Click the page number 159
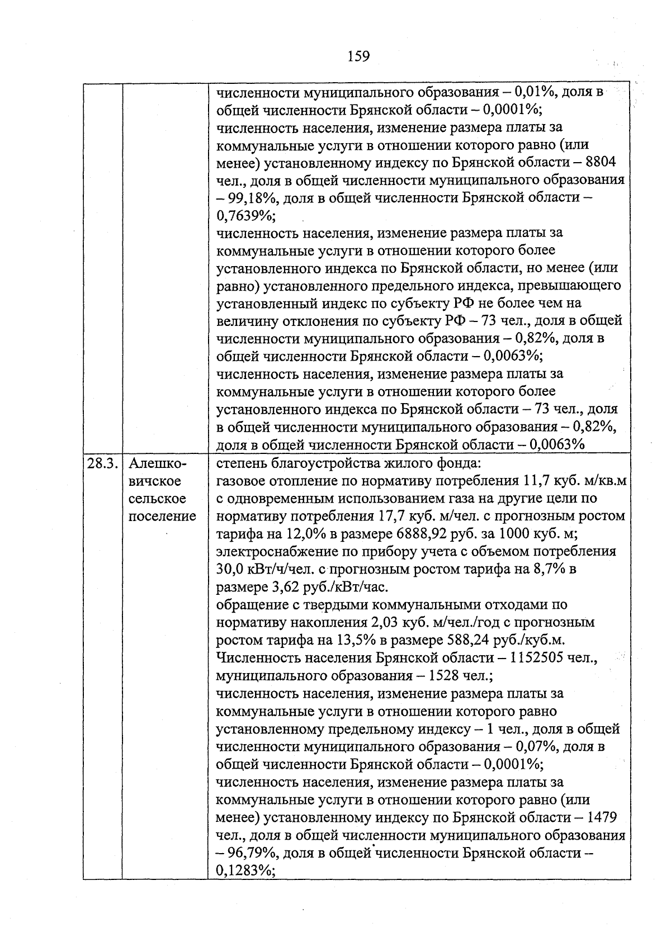[x=358, y=56]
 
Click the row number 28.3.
[x=102, y=463]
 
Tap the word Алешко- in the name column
[x=158, y=463]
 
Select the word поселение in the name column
[x=162, y=516]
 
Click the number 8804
[x=600, y=163]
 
